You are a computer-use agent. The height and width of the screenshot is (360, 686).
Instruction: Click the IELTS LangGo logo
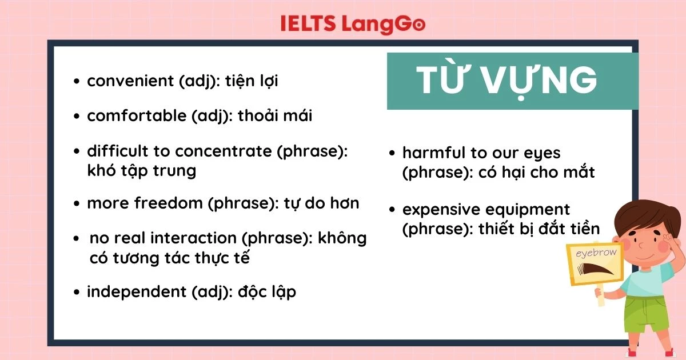(353, 23)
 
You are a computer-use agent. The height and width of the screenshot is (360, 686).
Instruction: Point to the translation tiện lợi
(252, 81)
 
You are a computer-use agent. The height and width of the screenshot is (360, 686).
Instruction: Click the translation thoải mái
(275, 116)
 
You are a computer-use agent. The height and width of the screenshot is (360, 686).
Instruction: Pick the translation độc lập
(266, 291)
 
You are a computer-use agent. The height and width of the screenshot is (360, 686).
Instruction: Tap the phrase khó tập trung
(141, 170)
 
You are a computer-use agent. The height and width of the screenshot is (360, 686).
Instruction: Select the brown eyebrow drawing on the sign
(595, 271)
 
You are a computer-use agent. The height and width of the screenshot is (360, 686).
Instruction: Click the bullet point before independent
(77, 293)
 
